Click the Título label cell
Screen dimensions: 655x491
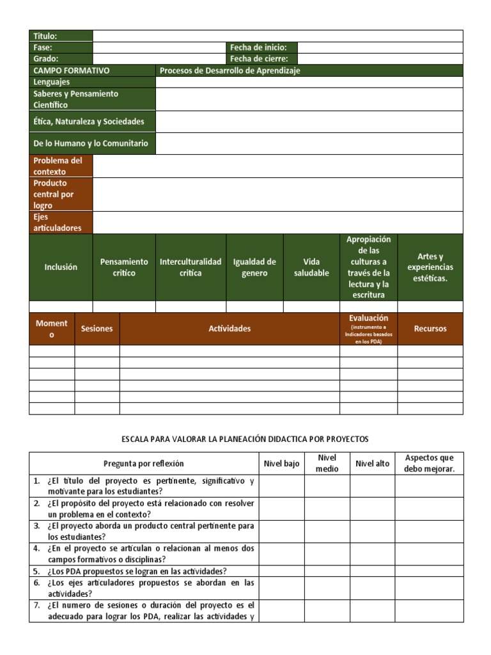(x=61, y=36)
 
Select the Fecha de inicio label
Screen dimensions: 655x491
(x=261, y=47)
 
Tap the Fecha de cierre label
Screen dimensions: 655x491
(x=261, y=59)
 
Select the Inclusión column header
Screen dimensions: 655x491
(x=61, y=267)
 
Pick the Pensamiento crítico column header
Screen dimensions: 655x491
(x=124, y=267)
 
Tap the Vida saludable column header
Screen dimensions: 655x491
(x=311, y=267)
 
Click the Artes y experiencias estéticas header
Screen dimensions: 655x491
(x=430, y=267)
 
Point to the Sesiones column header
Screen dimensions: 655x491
(x=97, y=329)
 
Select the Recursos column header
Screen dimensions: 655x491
(x=430, y=329)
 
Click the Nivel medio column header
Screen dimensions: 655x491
(x=327, y=464)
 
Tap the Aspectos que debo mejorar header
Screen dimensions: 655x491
(x=429, y=464)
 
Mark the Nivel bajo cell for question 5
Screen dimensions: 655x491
(x=282, y=571)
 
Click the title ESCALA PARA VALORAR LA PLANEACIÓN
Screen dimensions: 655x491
(x=245, y=439)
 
